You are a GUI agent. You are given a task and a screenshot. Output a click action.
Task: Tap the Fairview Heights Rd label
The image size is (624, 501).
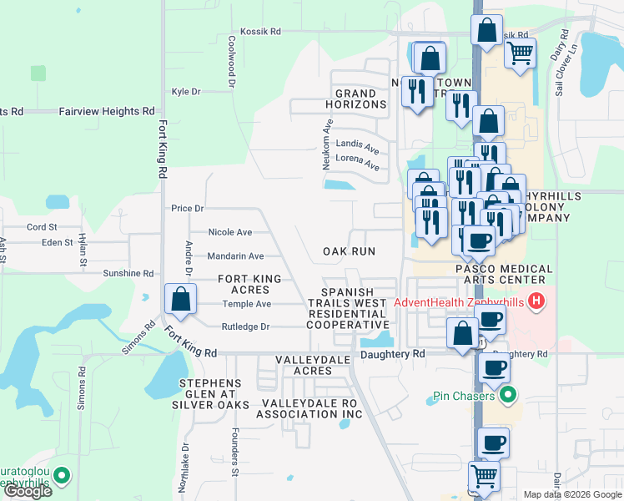[107, 110]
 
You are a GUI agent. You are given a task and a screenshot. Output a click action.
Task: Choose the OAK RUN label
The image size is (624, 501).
[350, 251]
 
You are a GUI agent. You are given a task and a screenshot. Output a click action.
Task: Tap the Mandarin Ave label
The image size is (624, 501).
[235, 256]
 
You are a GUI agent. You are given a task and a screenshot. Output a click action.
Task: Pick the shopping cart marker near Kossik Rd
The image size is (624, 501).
[520, 54]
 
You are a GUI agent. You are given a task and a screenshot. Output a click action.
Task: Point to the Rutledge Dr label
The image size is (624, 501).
[245, 326]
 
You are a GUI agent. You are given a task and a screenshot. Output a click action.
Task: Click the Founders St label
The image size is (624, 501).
[235, 454]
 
